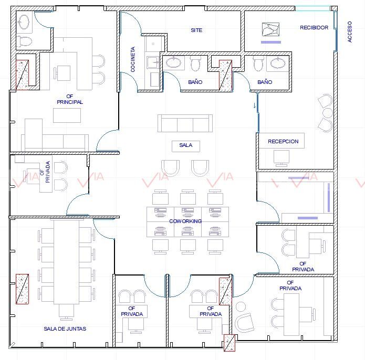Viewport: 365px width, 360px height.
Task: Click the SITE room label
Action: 196,30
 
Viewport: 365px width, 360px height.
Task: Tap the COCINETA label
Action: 133,59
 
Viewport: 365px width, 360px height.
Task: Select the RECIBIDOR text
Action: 314,28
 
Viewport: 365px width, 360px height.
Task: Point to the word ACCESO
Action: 349,32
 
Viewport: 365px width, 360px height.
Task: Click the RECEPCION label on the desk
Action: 283,141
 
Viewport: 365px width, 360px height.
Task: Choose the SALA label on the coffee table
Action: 186,145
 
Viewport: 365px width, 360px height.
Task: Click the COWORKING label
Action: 185,221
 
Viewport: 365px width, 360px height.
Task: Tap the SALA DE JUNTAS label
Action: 65,329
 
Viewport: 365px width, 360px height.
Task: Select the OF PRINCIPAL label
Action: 70,99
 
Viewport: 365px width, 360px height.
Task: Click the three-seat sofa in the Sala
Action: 185,123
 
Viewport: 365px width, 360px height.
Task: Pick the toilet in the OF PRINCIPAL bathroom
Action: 25,41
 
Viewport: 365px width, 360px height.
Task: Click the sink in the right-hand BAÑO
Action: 277,63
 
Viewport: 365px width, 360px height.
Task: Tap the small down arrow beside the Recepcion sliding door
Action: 255,105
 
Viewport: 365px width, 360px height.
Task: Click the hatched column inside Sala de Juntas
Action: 23,289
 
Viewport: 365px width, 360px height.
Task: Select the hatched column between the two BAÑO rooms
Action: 225,75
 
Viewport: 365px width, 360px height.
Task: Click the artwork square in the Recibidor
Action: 270,29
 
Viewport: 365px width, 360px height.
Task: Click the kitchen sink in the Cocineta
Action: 153,62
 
